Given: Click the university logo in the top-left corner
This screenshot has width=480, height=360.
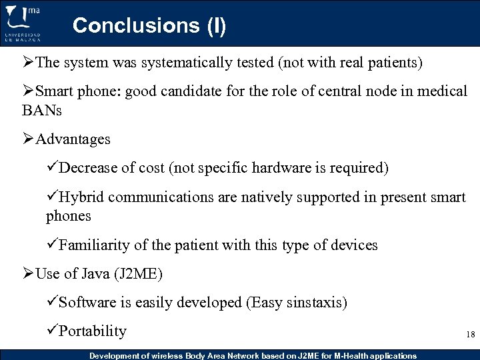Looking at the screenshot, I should (x=23, y=23).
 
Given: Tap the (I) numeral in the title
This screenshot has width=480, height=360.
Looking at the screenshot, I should (x=215, y=26).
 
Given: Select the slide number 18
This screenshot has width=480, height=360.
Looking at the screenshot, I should (x=471, y=335).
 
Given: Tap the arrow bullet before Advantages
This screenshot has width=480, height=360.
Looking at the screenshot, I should (x=29, y=139).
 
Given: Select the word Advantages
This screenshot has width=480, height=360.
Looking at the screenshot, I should (x=73, y=139).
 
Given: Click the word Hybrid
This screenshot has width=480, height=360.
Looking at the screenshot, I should (x=81, y=197).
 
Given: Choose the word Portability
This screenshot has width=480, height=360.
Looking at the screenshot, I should (x=93, y=331).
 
